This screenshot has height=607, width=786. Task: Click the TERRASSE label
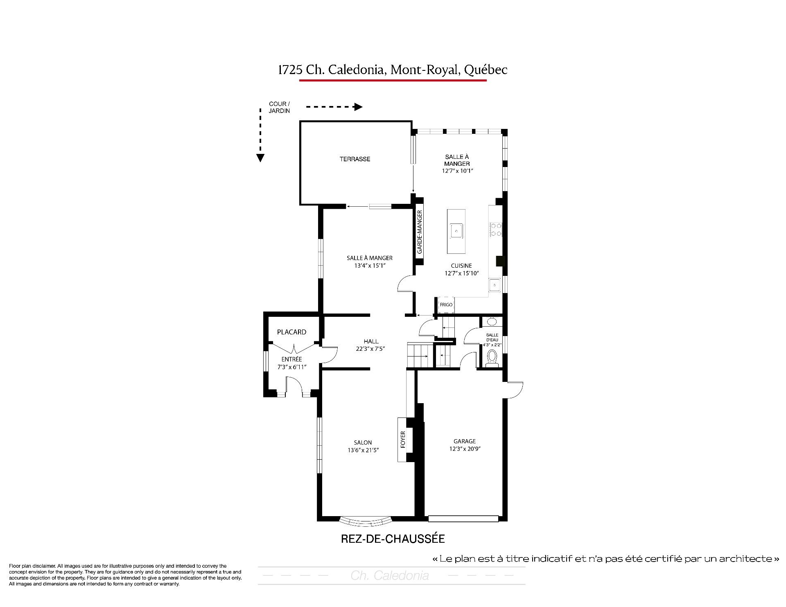[355, 159]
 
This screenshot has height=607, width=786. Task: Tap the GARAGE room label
[465, 441]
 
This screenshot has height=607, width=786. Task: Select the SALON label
[363, 442]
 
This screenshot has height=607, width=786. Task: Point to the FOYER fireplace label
[403, 440]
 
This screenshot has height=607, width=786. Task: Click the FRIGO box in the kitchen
[446, 305]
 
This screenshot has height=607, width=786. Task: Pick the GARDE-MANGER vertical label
[420, 232]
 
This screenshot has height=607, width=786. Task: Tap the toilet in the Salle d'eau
[492, 358]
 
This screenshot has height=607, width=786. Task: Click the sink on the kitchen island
[456, 231]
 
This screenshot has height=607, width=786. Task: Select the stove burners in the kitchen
[496, 229]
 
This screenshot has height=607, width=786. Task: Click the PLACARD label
[291, 332]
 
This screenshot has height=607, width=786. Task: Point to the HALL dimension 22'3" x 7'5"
[371, 349]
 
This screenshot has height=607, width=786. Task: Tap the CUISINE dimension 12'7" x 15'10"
[461, 273]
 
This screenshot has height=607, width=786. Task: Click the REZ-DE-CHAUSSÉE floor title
[393, 539]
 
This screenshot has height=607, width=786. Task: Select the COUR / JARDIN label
[279, 107]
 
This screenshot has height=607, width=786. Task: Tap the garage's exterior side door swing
[515, 390]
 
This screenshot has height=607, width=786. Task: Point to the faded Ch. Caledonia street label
[390, 576]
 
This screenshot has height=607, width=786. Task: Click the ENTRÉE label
[291, 359]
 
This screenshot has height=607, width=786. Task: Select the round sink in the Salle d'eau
[492, 322]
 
